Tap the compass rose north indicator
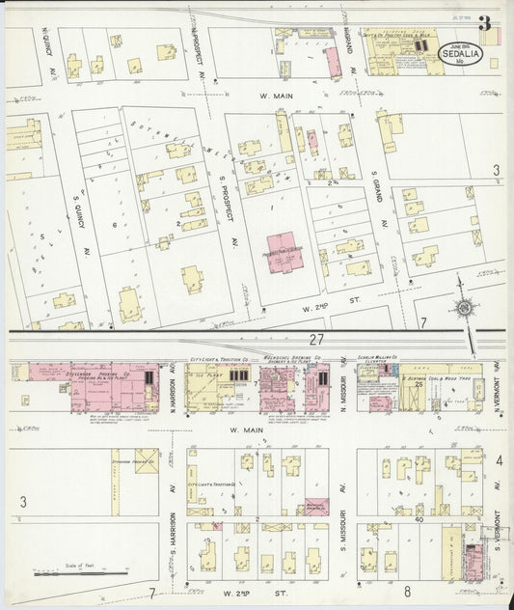(x=465, y=308)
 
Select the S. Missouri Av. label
(x=343, y=541)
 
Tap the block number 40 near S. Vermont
(x=419, y=519)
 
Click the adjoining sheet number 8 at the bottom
(x=408, y=591)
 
